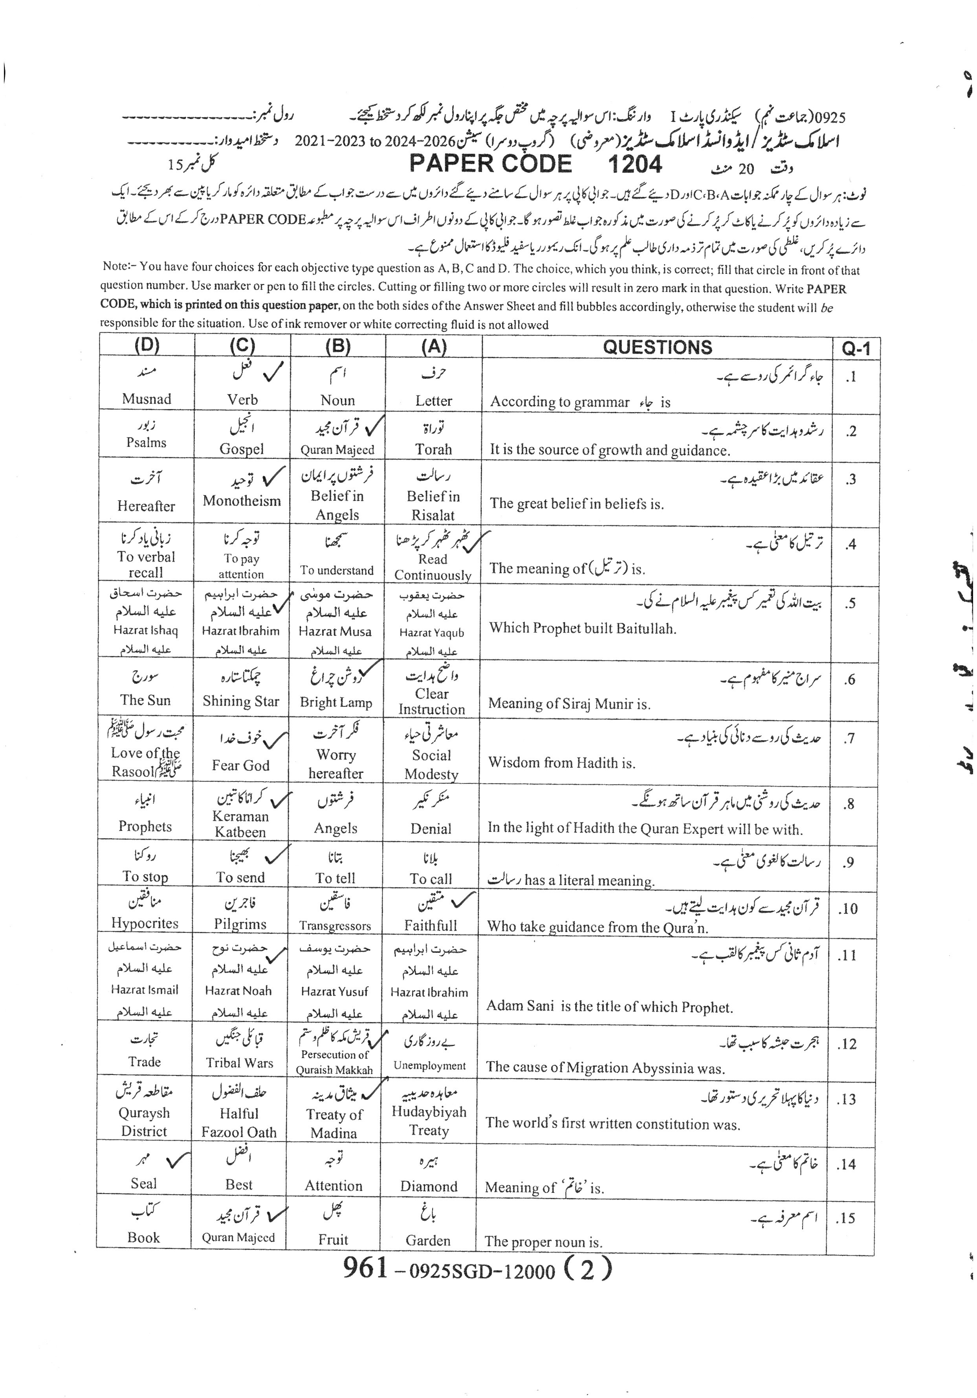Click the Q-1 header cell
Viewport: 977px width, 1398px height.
pyautogui.click(x=856, y=348)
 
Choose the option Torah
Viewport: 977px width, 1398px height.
pyautogui.click(x=433, y=449)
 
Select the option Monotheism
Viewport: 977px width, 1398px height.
pyautogui.click(x=242, y=501)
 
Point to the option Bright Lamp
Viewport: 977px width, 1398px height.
pyautogui.click(x=336, y=702)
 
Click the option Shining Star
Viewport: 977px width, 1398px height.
pyautogui.click(x=241, y=701)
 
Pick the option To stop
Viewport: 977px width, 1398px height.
pyautogui.click(x=145, y=877)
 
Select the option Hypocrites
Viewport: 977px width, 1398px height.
pyautogui.click(x=145, y=923)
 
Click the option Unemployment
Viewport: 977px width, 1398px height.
pyautogui.click(x=429, y=1066)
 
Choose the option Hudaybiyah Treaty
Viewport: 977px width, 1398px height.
pyautogui.click(x=429, y=1121)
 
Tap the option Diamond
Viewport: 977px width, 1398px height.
pyautogui.click(x=429, y=1186)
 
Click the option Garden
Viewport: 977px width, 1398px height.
pyautogui.click(x=428, y=1240)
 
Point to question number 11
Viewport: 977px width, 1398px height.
pyautogui.click(x=846, y=956)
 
